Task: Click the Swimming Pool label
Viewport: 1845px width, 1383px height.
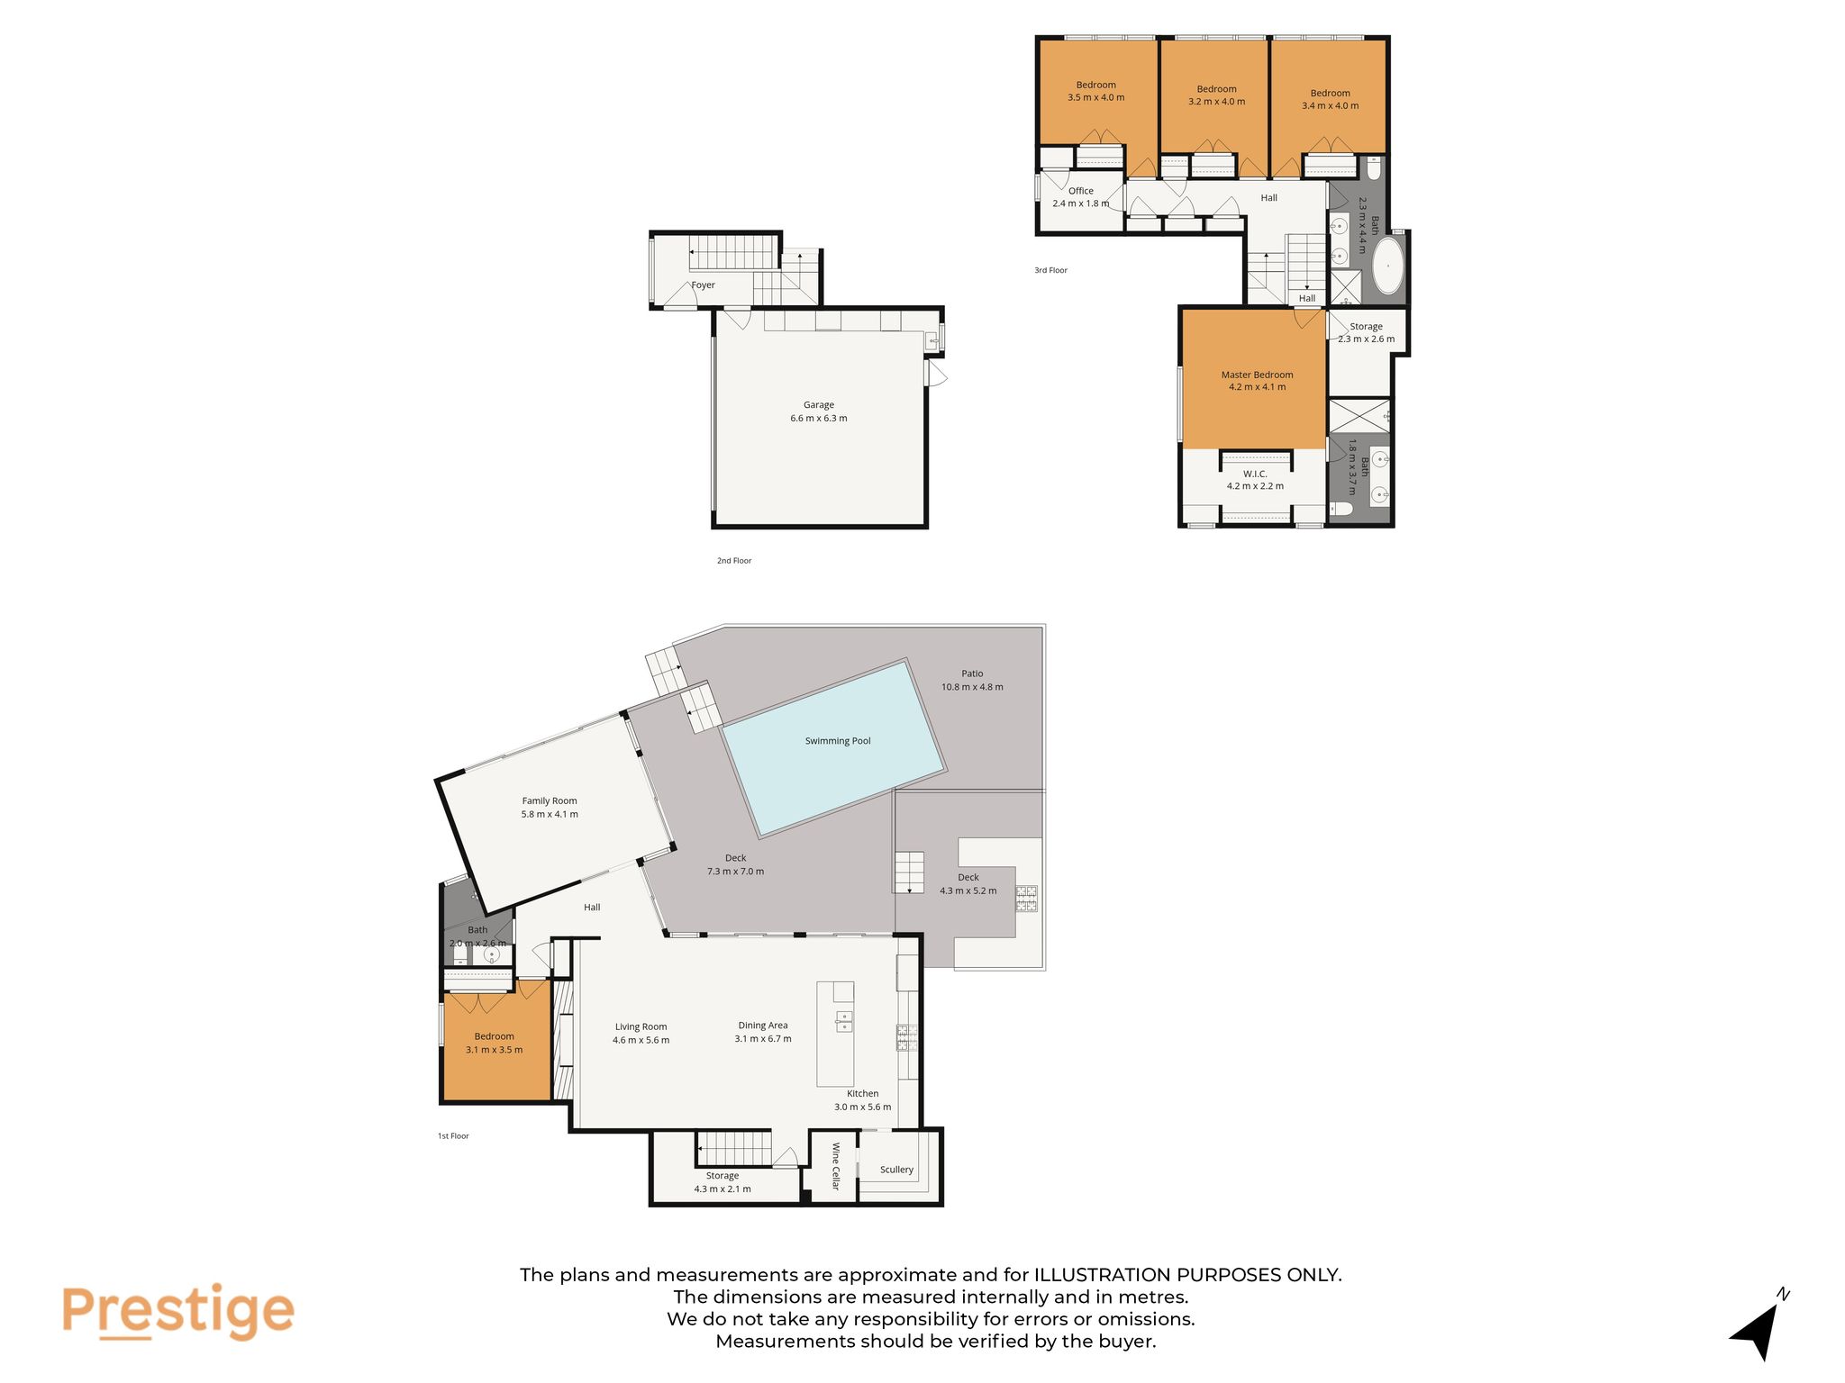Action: [838, 741]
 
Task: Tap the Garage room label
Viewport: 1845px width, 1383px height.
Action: [819, 405]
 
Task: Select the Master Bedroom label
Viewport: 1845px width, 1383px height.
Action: [1257, 375]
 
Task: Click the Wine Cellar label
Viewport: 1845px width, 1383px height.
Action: [835, 1166]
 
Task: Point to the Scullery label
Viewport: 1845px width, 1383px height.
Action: [896, 1170]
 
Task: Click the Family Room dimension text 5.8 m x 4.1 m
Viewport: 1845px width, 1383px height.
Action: [550, 814]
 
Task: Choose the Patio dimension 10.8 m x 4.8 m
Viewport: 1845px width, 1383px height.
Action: [972, 687]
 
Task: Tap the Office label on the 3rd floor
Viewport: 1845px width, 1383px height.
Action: [1081, 191]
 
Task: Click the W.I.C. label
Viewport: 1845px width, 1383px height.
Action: [1256, 474]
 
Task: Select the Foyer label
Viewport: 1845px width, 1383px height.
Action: [703, 285]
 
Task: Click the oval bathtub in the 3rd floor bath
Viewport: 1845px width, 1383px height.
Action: [1387, 265]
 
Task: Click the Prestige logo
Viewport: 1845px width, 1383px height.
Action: [177, 1312]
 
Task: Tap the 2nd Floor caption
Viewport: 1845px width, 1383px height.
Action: [734, 561]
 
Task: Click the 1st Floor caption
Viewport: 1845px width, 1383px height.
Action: [453, 1136]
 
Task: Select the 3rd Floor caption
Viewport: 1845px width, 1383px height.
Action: [1050, 270]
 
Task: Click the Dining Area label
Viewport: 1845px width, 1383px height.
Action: [763, 1026]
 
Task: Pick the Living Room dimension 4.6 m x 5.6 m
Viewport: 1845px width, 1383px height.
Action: [641, 1040]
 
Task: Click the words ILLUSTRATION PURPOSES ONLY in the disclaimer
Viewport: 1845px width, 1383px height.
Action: [1187, 1275]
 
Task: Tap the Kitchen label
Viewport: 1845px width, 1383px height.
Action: [862, 1094]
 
